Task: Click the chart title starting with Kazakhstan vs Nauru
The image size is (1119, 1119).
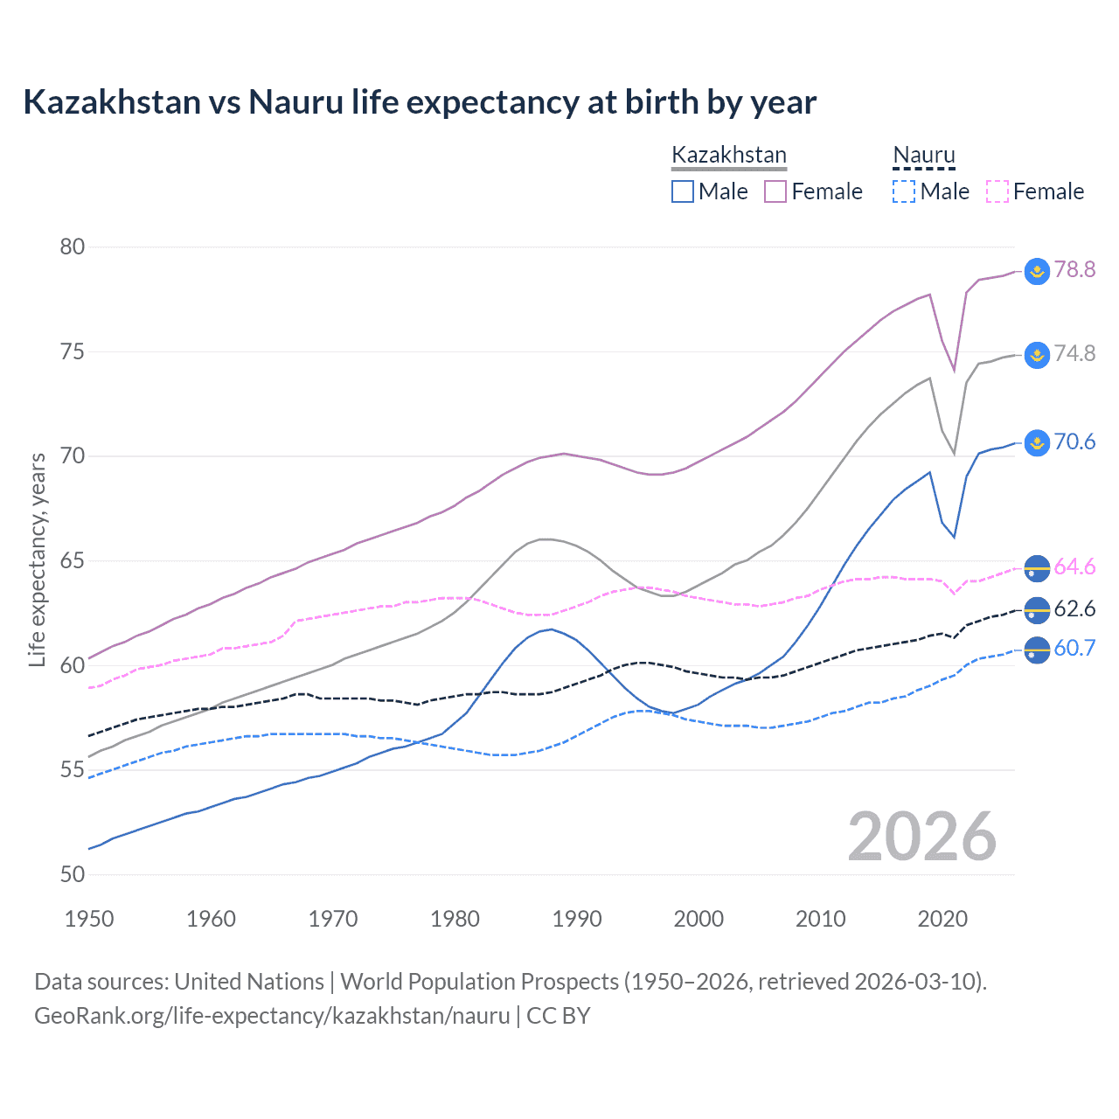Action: click(x=420, y=102)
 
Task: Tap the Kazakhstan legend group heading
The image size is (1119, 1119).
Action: click(x=728, y=155)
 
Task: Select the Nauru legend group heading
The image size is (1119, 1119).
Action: click(x=923, y=155)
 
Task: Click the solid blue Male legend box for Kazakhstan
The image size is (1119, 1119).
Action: click(x=683, y=191)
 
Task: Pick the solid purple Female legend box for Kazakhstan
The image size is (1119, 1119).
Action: click(x=775, y=191)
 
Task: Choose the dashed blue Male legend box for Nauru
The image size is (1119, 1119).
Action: click(x=904, y=191)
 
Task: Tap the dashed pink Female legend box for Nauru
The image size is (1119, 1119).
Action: click(x=997, y=191)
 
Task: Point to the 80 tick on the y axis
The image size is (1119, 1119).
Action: click(x=73, y=247)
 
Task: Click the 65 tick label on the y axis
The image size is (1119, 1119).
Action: click(x=73, y=560)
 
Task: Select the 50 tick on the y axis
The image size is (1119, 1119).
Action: click(x=73, y=874)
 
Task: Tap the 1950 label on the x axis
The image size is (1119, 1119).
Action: click(x=89, y=919)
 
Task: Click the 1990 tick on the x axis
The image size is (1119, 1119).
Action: click(x=577, y=919)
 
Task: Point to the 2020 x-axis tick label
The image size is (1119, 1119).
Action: click(x=942, y=919)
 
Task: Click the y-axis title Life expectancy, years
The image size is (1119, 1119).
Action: click(x=38, y=559)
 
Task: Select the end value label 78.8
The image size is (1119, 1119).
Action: click(x=1074, y=269)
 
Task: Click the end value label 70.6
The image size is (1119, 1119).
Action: click(x=1074, y=441)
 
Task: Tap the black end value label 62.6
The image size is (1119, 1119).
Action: click(x=1074, y=608)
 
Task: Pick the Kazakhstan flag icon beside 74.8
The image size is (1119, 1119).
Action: click(x=1037, y=354)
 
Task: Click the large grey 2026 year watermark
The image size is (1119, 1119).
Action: click(x=922, y=837)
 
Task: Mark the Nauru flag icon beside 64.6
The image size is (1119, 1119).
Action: click(x=1037, y=567)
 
